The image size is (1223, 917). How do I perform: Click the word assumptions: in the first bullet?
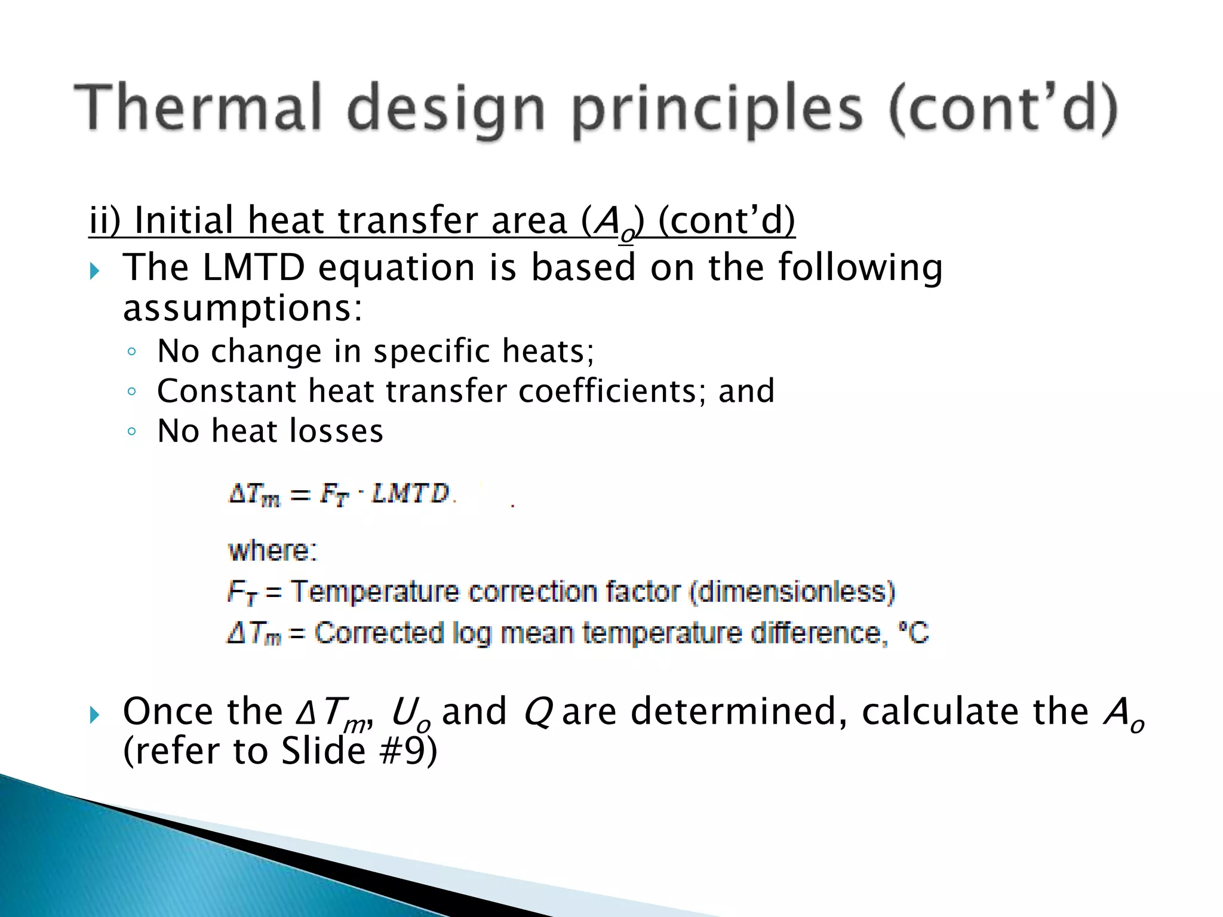click(x=242, y=309)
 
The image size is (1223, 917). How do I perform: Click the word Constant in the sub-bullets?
click(x=226, y=391)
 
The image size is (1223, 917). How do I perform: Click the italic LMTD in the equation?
click(x=410, y=494)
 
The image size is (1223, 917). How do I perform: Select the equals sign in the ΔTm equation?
click(x=300, y=495)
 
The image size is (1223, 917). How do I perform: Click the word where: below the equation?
click(x=272, y=550)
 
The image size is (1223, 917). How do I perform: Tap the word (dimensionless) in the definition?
click(x=792, y=592)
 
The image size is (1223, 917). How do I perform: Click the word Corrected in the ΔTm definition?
click(x=379, y=633)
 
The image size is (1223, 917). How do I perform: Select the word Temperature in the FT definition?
click(x=375, y=592)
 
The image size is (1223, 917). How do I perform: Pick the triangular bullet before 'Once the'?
click(x=94, y=714)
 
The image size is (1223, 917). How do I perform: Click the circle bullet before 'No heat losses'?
click(x=132, y=431)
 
